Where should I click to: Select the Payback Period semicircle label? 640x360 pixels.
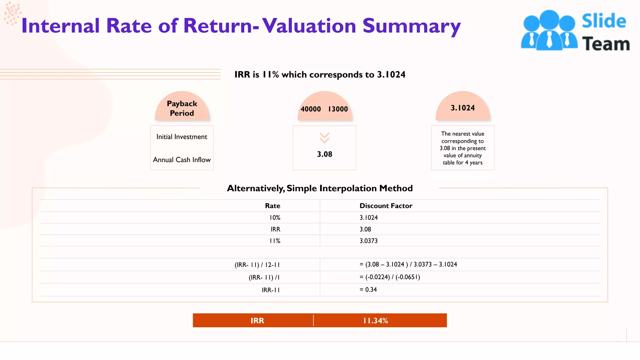pos(182,108)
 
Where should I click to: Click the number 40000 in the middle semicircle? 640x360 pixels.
pos(311,109)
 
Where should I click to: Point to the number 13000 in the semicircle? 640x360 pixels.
pos(338,109)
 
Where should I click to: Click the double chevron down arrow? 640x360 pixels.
pos(324,138)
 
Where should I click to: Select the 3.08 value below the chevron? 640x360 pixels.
pos(324,154)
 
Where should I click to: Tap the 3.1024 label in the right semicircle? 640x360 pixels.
pos(462,108)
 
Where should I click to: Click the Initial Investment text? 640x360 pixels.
pos(182,137)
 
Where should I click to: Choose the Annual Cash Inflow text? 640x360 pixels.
pos(182,160)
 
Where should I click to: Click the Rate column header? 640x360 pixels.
pos(272,206)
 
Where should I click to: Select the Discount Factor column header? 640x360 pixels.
pos(386,206)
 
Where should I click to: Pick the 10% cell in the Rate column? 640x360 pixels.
pos(275,217)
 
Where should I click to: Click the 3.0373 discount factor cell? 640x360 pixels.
pos(368,241)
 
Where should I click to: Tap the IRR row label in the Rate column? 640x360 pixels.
pos(275,229)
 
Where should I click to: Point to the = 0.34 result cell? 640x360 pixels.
pos(368,290)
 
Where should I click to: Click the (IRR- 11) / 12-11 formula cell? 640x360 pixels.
pos(257,265)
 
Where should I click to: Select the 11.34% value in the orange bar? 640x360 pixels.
pos(375,321)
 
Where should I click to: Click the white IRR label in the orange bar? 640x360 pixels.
pos(257,321)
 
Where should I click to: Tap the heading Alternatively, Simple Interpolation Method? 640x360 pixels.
pos(320,188)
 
